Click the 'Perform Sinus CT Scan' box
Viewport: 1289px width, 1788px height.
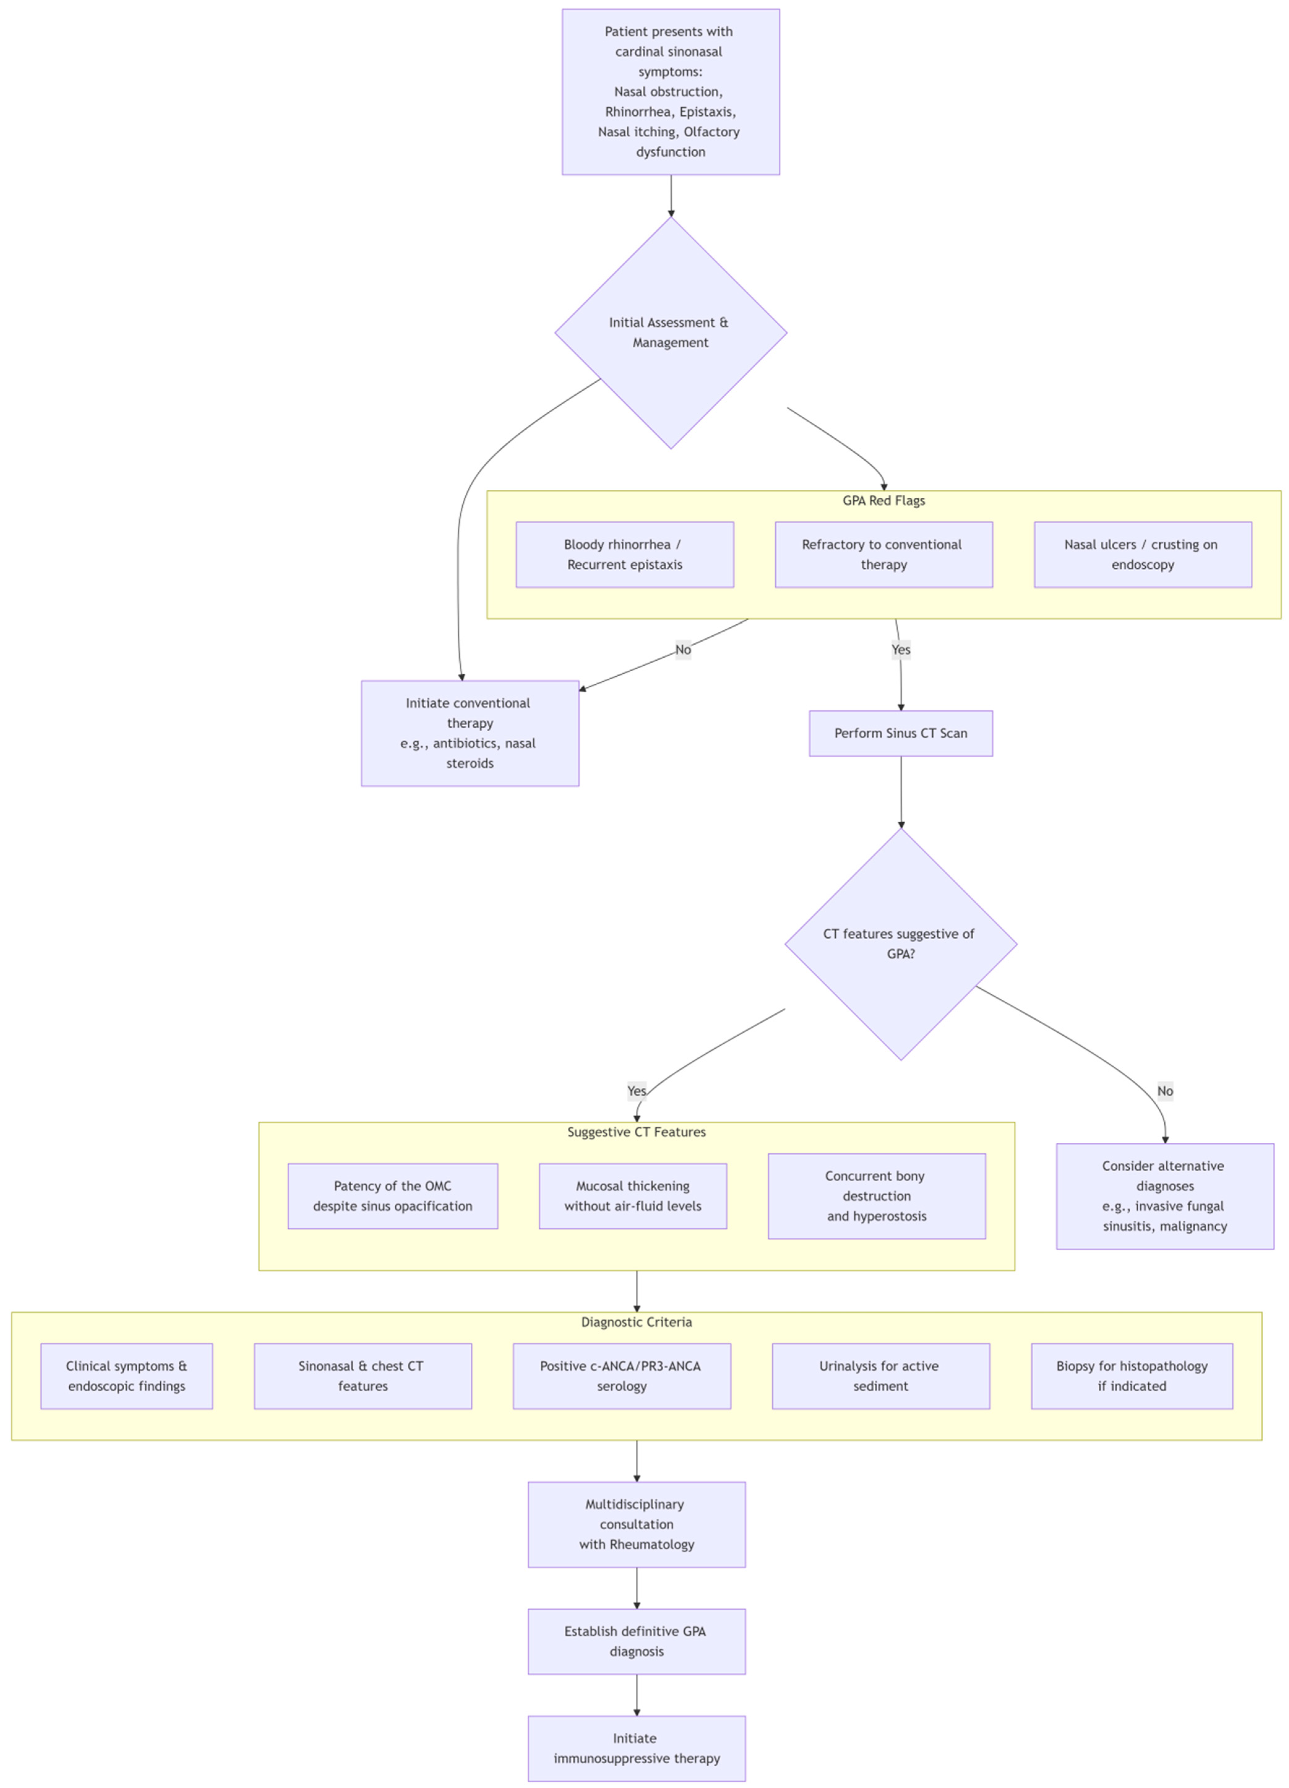pyautogui.click(x=900, y=733)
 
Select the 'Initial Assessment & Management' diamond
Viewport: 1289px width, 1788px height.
pyautogui.click(x=670, y=333)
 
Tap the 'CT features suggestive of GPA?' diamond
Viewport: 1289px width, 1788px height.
pyautogui.click(x=900, y=944)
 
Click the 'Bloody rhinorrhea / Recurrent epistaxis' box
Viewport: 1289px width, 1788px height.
pyautogui.click(x=624, y=554)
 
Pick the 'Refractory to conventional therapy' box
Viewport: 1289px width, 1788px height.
pyautogui.click(x=883, y=554)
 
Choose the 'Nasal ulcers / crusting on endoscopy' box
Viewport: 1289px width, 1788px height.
pyautogui.click(x=1142, y=554)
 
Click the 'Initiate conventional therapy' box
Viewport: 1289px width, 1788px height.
pyautogui.click(x=470, y=733)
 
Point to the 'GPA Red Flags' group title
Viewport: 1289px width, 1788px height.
pyautogui.click(x=883, y=501)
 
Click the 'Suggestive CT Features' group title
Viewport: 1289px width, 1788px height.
pyautogui.click(x=636, y=1132)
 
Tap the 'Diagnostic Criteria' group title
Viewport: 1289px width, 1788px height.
pyautogui.click(x=636, y=1322)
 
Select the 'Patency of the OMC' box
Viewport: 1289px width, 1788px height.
pyautogui.click(x=393, y=1196)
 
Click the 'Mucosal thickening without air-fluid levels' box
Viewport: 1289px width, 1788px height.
pyautogui.click(x=632, y=1196)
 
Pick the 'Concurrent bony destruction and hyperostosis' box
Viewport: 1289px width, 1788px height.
pyautogui.click(x=877, y=1196)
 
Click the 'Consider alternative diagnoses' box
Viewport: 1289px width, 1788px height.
pyautogui.click(x=1164, y=1196)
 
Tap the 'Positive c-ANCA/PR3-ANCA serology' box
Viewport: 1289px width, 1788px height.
pyautogui.click(x=621, y=1376)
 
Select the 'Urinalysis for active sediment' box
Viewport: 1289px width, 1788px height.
pyautogui.click(x=880, y=1376)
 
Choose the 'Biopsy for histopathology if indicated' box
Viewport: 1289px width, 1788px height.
pyautogui.click(x=1131, y=1376)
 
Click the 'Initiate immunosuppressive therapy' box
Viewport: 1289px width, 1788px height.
pyautogui.click(x=636, y=1748)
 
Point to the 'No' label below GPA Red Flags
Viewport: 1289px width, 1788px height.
pyautogui.click(x=683, y=650)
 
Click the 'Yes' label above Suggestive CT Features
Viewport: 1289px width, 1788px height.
pyautogui.click(x=636, y=1091)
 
